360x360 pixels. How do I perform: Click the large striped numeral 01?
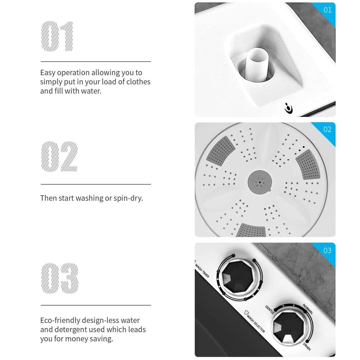pyautogui.click(x=57, y=36)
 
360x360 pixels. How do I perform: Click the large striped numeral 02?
pyautogui.click(x=59, y=156)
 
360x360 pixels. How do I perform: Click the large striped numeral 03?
pyautogui.click(x=60, y=278)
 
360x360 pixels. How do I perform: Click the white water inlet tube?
pyautogui.click(x=257, y=64)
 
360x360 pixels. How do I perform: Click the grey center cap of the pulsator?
pyautogui.click(x=260, y=182)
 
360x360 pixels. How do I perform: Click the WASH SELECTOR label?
pyautogui.click(x=255, y=321)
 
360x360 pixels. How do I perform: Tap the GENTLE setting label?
pyautogui.click(x=270, y=310)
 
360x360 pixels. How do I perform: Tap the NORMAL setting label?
pyautogui.click(x=308, y=309)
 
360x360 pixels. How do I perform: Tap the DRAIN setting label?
pyautogui.click(x=307, y=346)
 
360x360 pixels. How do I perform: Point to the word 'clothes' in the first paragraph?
pyautogui.click(x=139, y=82)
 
